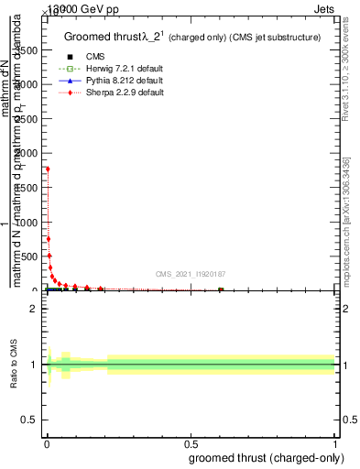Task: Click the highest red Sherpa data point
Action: pos(48,169)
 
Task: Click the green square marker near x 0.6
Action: pos(221,290)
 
